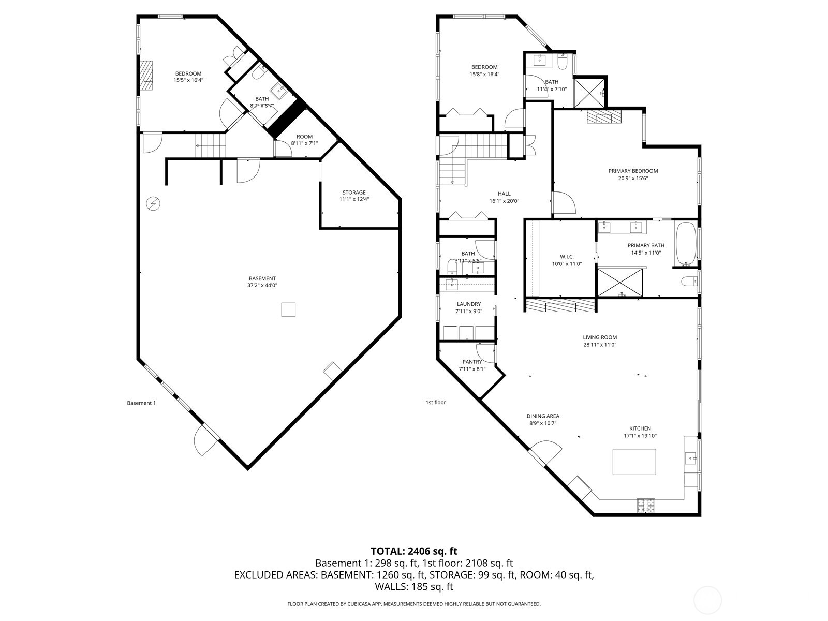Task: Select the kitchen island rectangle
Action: point(634,462)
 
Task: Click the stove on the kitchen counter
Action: point(645,505)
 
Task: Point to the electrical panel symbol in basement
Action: point(153,204)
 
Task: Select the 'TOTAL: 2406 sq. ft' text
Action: point(413,551)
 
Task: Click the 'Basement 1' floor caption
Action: point(141,403)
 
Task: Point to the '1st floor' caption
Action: point(435,402)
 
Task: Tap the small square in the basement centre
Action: point(288,309)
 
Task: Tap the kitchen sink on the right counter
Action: point(690,458)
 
